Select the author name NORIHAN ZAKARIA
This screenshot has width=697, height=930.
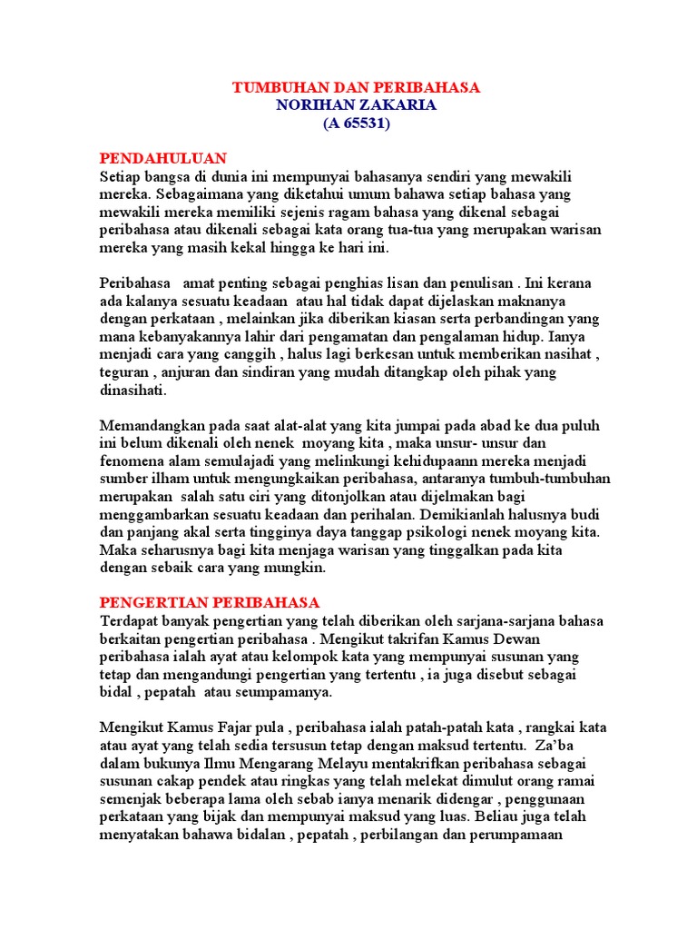coord(356,105)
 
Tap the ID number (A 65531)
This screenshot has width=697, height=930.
coord(356,124)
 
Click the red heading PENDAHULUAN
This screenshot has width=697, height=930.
coord(163,159)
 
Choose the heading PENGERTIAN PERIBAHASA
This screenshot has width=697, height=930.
coord(210,602)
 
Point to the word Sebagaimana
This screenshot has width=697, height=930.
coord(193,194)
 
